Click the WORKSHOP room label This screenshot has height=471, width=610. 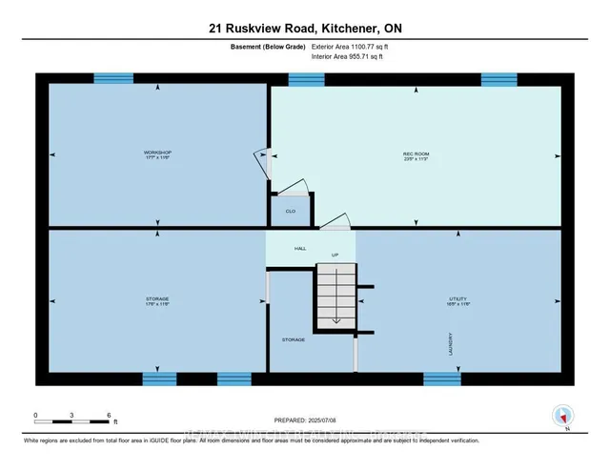[157, 152]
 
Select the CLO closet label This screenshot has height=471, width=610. [290, 211]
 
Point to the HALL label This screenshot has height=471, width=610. [300, 248]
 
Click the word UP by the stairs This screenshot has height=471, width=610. [335, 256]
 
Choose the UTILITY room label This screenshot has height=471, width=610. [458, 298]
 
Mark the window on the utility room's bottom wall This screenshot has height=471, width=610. [442, 379]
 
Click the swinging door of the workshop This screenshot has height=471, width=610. [261, 159]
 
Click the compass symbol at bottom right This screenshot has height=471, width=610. [563, 416]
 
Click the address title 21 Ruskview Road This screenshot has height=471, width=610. [304, 29]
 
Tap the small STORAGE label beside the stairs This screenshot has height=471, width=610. [293, 338]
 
